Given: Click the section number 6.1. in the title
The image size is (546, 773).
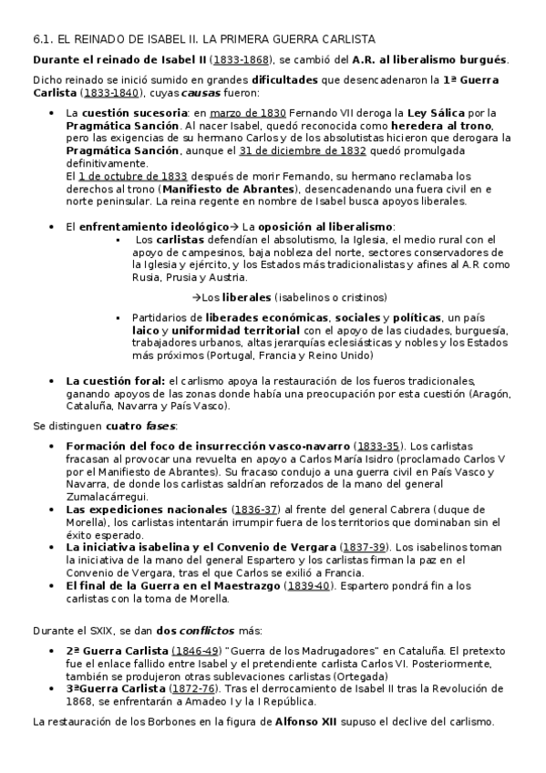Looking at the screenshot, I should coord(43,39).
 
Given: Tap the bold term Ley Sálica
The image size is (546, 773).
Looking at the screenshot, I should coord(419,112).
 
